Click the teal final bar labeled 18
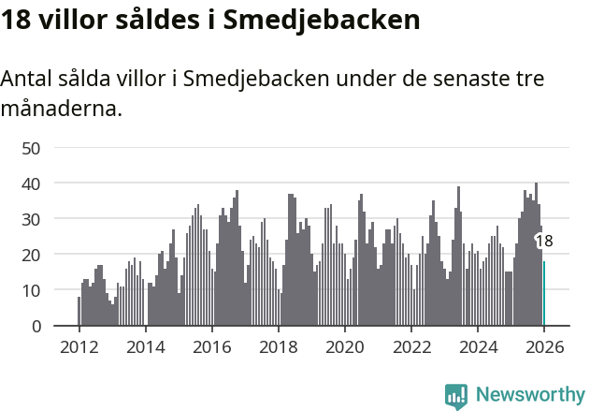click(544, 293)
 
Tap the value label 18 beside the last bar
click(543, 242)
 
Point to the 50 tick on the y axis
click(31, 148)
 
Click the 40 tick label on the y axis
click(31, 183)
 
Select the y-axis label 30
click(31, 219)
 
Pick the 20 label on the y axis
click(31, 255)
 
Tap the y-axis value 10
click(31, 290)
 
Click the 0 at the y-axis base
click(36, 326)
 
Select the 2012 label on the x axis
click(79, 348)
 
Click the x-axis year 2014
click(145, 348)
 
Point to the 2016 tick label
click(211, 348)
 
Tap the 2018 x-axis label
click(278, 348)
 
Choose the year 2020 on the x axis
click(344, 348)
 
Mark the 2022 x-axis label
click(410, 348)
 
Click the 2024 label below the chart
click(477, 348)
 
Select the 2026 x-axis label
click(543, 348)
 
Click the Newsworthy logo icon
click(456, 396)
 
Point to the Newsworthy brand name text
click(529, 395)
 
